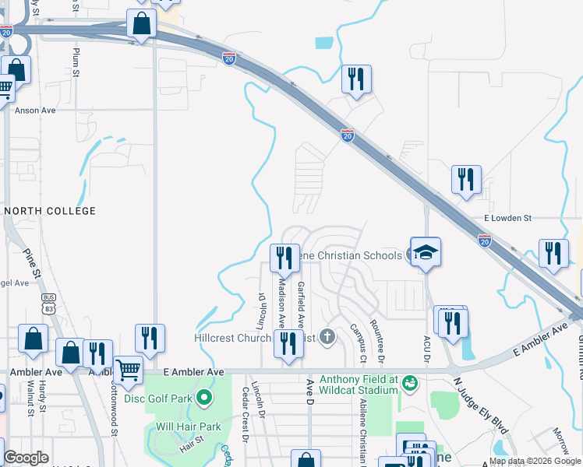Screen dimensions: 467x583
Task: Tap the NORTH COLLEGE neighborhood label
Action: (51, 211)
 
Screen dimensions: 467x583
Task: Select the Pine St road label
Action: (33, 262)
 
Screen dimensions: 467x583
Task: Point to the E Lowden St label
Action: (507, 219)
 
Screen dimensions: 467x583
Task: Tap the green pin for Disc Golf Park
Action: (204, 399)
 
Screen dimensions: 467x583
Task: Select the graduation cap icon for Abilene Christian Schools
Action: (426, 252)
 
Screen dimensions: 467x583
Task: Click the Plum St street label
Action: (76, 61)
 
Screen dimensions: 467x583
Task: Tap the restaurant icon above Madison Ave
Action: (284, 258)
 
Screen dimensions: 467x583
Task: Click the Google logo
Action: (26, 458)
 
